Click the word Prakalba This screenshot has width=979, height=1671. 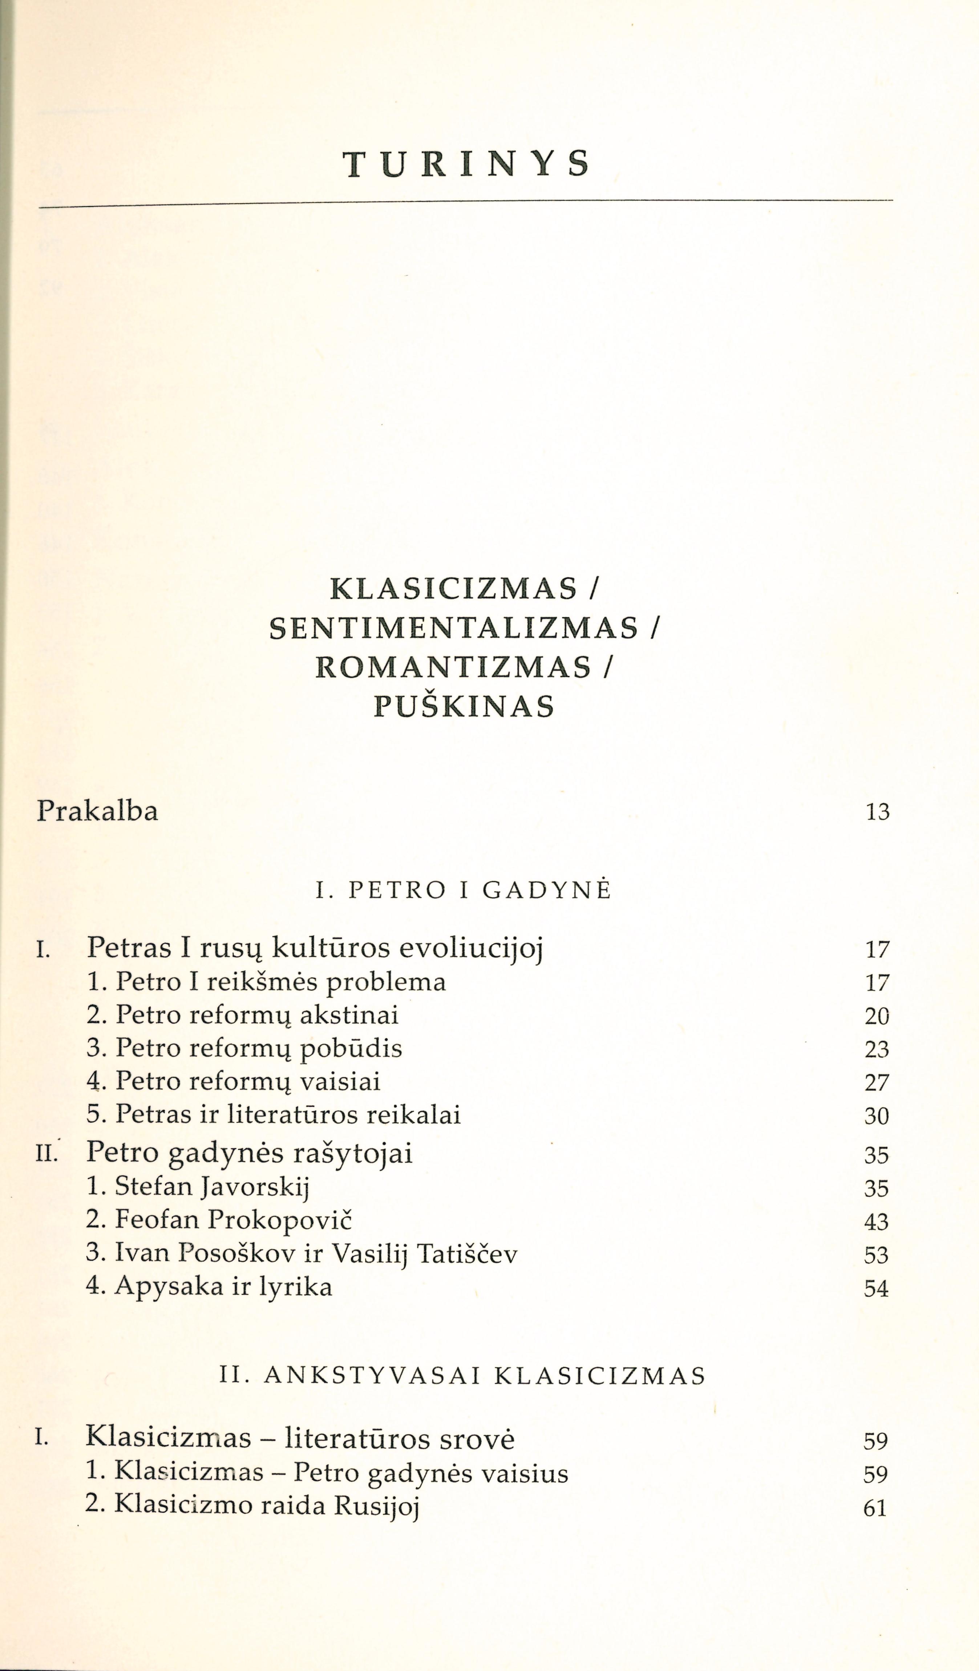point(97,811)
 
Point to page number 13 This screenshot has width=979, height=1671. point(877,812)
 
